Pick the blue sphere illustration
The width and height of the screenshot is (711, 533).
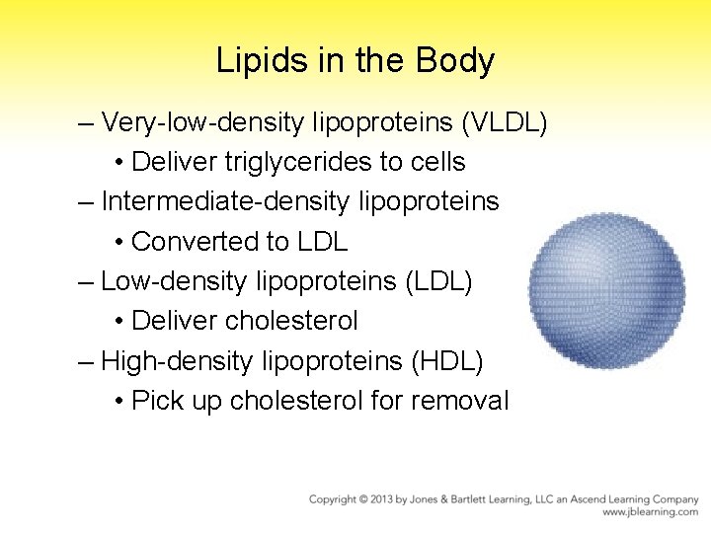coord(606,291)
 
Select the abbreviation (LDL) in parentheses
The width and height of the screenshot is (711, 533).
coord(439,281)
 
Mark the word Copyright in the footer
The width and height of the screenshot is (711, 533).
coord(337,499)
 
